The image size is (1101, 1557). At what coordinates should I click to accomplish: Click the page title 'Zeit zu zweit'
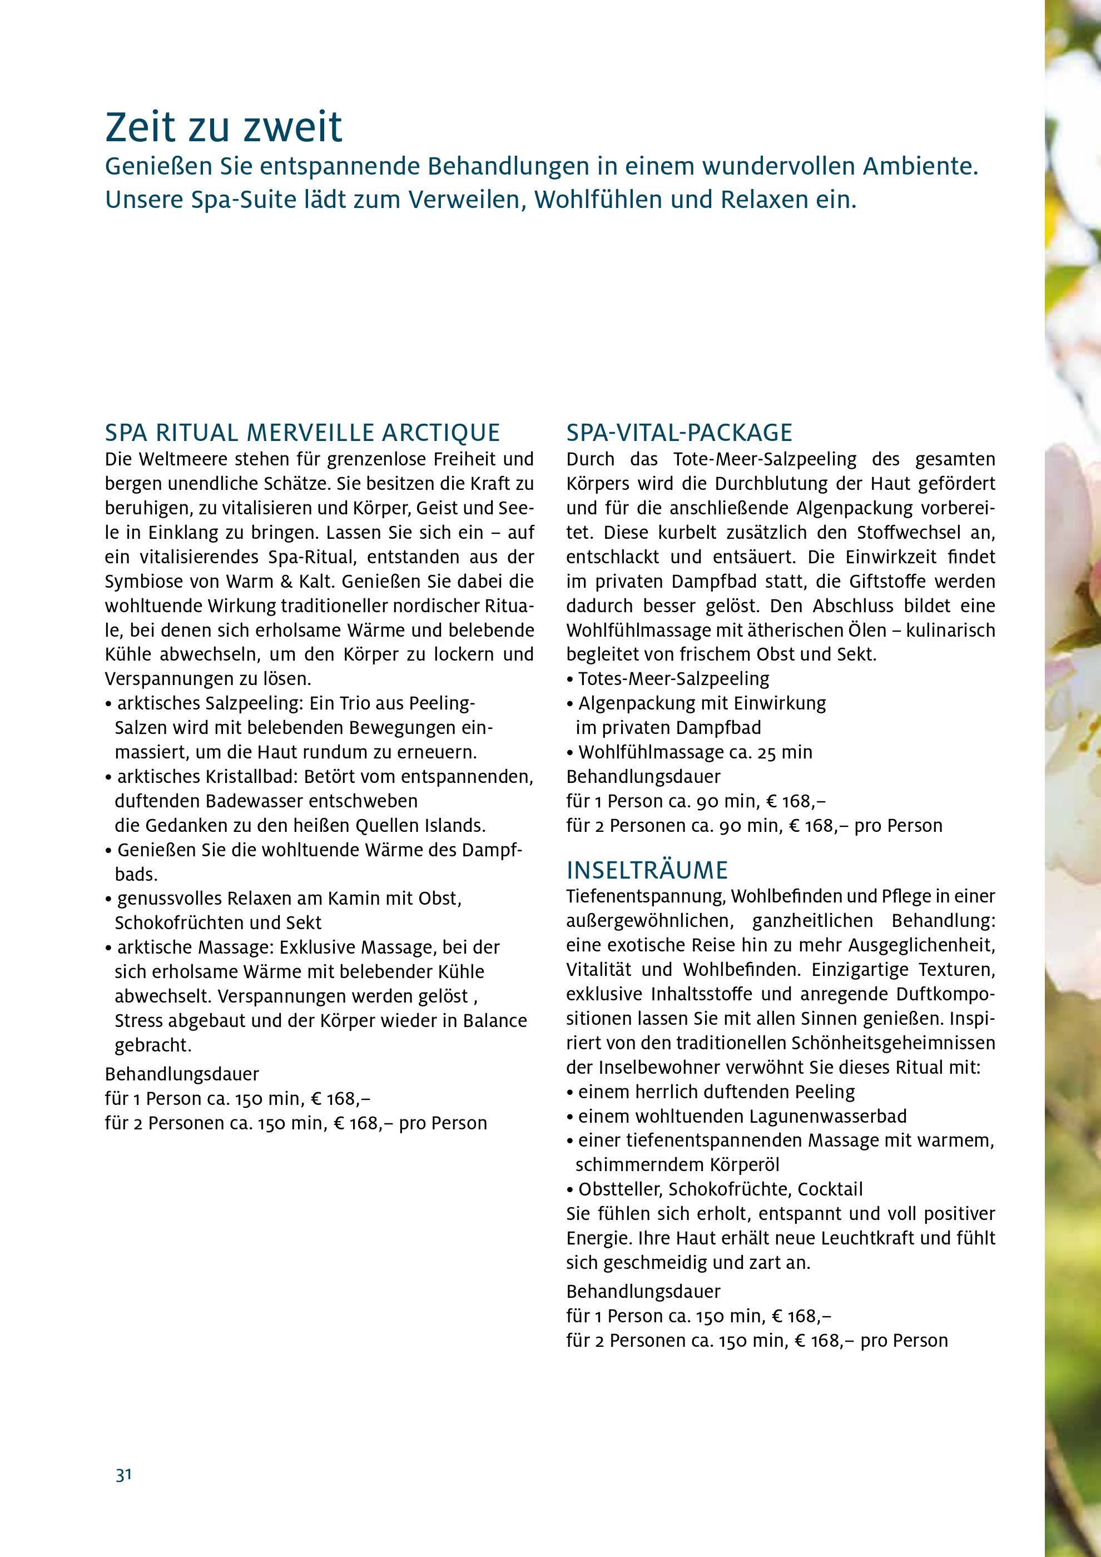[224, 128]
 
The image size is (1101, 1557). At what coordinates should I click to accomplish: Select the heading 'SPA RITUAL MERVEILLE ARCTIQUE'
[302, 432]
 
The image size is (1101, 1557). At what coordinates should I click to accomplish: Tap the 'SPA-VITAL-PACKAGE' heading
[680, 432]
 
